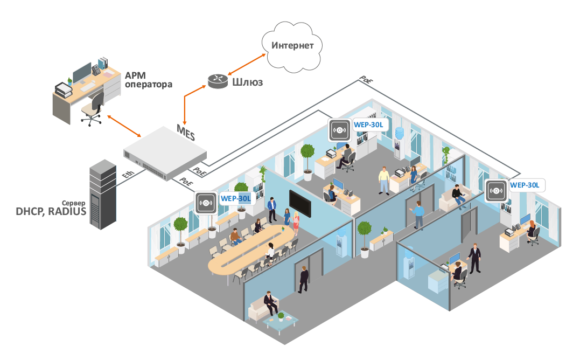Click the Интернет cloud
coord(292,45)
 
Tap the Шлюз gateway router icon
coord(219,81)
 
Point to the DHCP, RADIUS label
coord(52,211)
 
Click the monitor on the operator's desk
coord(82,72)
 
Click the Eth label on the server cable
coord(128,174)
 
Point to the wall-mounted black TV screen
coord(299,202)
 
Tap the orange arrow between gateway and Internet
coord(246,64)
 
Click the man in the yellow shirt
coord(383,180)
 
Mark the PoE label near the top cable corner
coord(366,80)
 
